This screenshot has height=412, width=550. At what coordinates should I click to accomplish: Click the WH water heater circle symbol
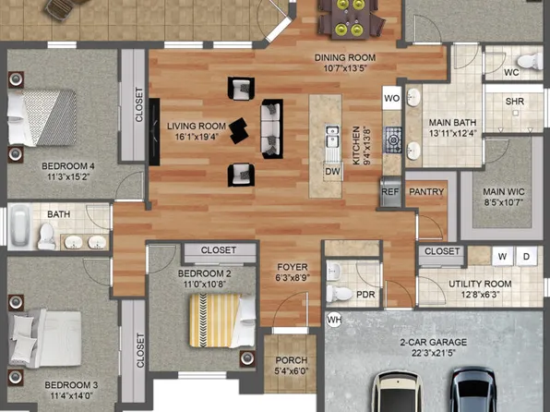tap(334, 320)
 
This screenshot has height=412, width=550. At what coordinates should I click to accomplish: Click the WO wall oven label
tap(391, 96)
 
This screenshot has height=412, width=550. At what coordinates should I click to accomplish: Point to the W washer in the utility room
tap(503, 256)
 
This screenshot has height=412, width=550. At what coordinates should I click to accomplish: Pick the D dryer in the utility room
tap(526, 256)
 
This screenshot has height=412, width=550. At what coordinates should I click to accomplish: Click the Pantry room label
tap(425, 192)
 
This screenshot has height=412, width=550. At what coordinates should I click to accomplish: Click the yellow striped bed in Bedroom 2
tap(220, 320)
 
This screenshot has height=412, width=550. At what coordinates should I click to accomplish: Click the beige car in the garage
tap(395, 392)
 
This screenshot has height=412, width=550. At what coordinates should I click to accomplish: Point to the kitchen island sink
tap(330, 139)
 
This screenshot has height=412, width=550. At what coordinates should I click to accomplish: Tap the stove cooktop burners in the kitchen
tap(393, 139)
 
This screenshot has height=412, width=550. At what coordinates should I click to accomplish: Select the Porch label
tap(284, 361)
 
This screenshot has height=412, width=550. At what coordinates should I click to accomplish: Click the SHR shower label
tap(516, 101)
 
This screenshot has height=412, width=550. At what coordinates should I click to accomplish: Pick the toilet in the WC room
tap(528, 62)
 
